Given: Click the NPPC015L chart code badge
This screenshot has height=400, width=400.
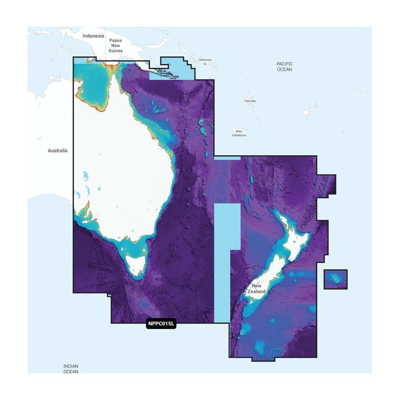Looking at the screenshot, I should click(x=161, y=324).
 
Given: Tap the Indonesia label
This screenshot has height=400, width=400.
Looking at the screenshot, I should click(x=93, y=36).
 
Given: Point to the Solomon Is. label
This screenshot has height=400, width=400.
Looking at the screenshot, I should click(x=205, y=61).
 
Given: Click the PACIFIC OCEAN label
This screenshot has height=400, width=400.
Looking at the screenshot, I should click(x=284, y=66).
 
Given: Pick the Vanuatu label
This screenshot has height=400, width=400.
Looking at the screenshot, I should click(x=250, y=101).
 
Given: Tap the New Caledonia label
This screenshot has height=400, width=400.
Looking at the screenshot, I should click(x=239, y=133).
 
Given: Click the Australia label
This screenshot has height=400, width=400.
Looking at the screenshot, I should click(x=58, y=151).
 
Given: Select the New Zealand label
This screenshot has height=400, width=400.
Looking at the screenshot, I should click(x=256, y=289).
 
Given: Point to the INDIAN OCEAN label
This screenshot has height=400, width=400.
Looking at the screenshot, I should click(x=71, y=368).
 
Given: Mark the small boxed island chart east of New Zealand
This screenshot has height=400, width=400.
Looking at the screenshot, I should click(x=335, y=279).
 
